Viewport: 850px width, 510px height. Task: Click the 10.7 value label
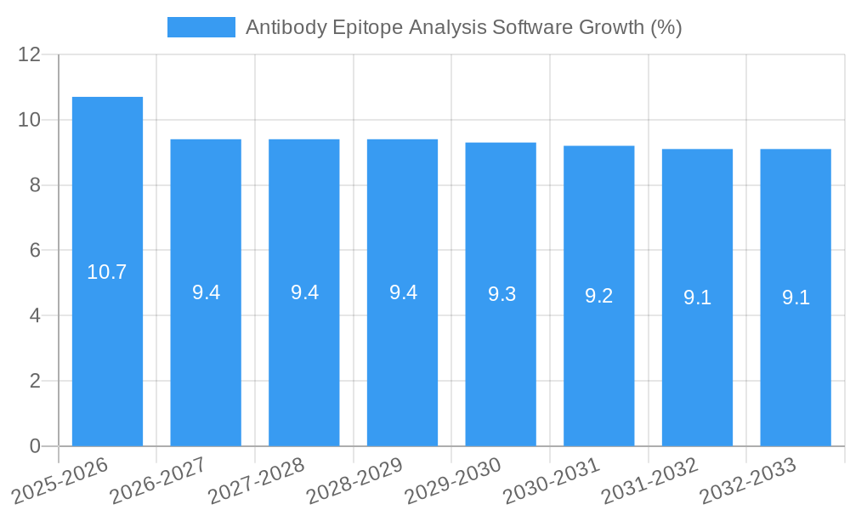point(107,272)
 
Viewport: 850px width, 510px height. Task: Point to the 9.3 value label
point(501,294)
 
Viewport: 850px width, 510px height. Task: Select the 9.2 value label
point(599,296)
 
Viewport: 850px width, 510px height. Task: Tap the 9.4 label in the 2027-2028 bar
point(304,292)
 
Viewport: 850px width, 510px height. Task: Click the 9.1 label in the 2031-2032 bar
point(697,297)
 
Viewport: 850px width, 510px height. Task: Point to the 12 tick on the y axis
point(29,55)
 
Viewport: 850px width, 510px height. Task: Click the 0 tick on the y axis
point(35,446)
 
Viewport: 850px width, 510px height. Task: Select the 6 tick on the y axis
point(35,251)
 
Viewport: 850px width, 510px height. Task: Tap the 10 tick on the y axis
point(29,120)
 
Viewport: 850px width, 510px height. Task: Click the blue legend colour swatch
point(201,27)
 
